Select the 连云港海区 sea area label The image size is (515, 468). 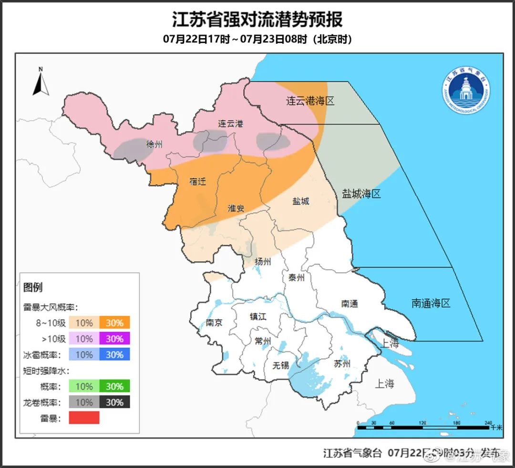(x=309, y=101)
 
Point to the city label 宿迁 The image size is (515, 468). (x=197, y=181)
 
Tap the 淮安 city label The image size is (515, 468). (x=236, y=208)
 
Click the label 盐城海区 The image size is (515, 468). (x=361, y=194)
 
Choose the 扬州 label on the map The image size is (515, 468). (x=263, y=261)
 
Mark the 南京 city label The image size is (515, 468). (x=214, y=322)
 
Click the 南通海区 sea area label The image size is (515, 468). (x=431, y=303)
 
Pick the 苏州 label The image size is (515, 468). (x=342, y=364)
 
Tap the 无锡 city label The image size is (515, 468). (x=280, y=366)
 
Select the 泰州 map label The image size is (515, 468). (x=296, y=278)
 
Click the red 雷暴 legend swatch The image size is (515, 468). (x=84, y=418)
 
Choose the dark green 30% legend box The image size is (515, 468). (x=114, y=386)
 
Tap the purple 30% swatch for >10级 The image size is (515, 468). (x=114, y=339)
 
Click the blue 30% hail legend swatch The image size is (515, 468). (x=114, y=354)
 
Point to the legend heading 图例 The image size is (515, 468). (x=33, y=287)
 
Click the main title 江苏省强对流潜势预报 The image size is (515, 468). (x=257, y=20)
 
